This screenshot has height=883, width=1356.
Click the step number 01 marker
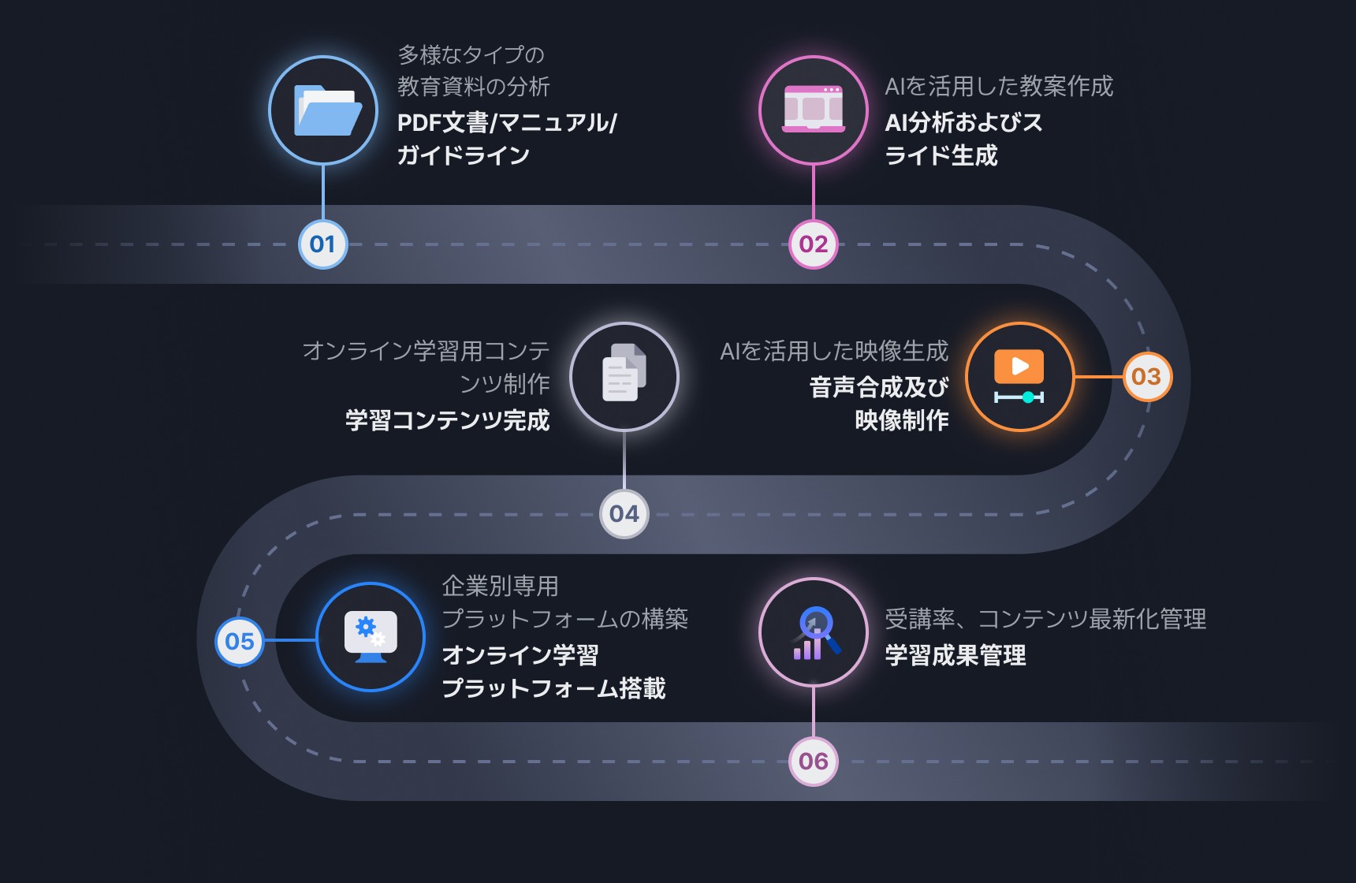click(322, 244)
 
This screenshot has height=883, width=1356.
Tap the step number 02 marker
click(814, 244)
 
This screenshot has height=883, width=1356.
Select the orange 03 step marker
click(1146, 377)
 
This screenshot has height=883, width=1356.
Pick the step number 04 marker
click(624, 514)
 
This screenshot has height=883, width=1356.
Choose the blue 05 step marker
click(240, 641)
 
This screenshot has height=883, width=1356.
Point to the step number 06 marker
click(814, 762)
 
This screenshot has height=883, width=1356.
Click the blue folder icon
click(324, 110)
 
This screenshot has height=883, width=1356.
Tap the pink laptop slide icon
click(814, 110)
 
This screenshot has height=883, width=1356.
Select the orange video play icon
click(1019, 377)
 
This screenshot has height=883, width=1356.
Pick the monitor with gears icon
click(371, 636)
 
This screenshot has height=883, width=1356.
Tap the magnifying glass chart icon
click(814, 633)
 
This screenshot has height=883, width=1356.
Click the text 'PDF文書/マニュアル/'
click(507, 123)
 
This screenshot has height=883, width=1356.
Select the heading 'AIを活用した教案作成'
click(999, 86)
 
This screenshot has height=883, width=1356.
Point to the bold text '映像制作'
click(902, 420)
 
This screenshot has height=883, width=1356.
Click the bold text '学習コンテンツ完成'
click(447, 420)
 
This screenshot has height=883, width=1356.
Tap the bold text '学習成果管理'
click(956, 655)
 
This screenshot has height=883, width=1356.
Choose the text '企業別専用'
click(500, 586)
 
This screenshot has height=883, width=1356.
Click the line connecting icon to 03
click(1098, 377)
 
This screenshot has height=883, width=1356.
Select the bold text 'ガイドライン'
click(463, 155)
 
